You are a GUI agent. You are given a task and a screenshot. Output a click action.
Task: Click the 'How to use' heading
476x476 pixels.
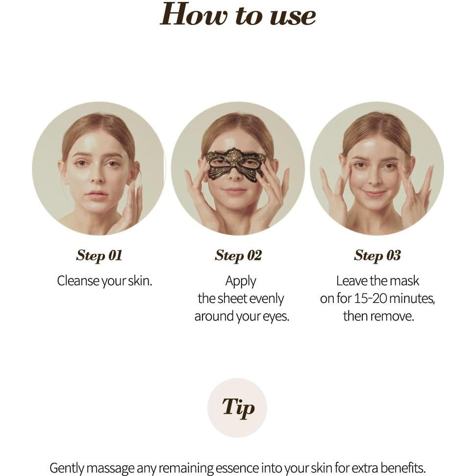238,15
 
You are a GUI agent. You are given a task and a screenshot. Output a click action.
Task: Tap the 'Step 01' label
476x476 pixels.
99,255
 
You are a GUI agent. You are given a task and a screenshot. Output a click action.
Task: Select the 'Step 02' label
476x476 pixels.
238,255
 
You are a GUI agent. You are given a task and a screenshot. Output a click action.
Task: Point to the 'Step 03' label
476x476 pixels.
377,255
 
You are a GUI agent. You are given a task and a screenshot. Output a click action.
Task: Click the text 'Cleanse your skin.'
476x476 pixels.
104,281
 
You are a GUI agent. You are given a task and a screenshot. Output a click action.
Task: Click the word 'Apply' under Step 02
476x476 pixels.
241,281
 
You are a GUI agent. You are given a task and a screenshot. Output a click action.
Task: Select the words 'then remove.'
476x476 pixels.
378,316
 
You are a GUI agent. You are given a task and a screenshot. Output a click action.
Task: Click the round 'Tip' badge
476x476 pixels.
238,407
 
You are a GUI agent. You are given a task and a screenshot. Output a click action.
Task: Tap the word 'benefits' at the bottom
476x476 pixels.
401,468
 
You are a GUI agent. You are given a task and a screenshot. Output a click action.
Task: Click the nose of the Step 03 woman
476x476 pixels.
376,179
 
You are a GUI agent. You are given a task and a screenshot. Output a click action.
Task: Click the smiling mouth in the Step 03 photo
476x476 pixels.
375,193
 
